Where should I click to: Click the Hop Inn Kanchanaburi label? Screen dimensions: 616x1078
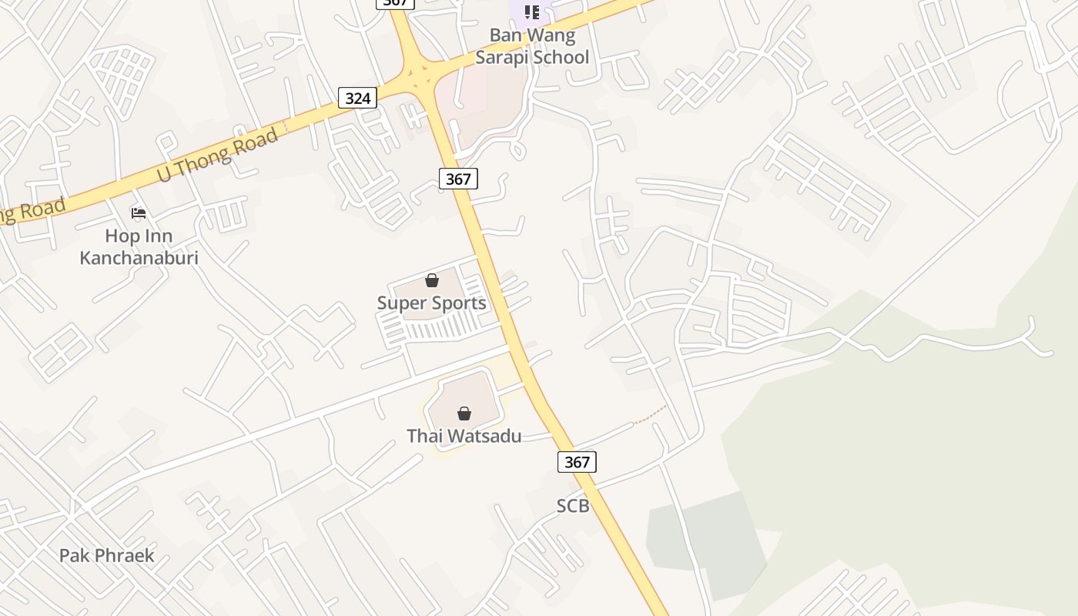(x=139, y=246)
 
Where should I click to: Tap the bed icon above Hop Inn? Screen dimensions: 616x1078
(x=139, y=213)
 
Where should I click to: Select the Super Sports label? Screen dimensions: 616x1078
(x=431, y=303)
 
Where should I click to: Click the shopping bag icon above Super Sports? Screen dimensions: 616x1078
(x=432, y=280)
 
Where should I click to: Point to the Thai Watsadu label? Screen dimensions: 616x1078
(x=464, y=436)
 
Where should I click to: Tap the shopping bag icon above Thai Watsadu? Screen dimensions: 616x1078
(x=464, y=413)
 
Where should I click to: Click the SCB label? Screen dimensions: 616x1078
(x=573, y=506)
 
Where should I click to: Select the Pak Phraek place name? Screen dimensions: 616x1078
(x=107, y=555)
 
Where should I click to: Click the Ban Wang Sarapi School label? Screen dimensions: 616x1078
(x=532, y=46)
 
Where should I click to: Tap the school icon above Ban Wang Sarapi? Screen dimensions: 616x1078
(x=531, y=12)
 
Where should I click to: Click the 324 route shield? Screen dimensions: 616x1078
(x=357, y=98)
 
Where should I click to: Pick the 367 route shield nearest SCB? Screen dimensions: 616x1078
(x=577, y=461)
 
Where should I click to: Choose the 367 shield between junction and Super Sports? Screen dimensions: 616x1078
(x=458, y=179)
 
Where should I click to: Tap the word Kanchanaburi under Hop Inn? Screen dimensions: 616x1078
(x=139, y=257)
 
